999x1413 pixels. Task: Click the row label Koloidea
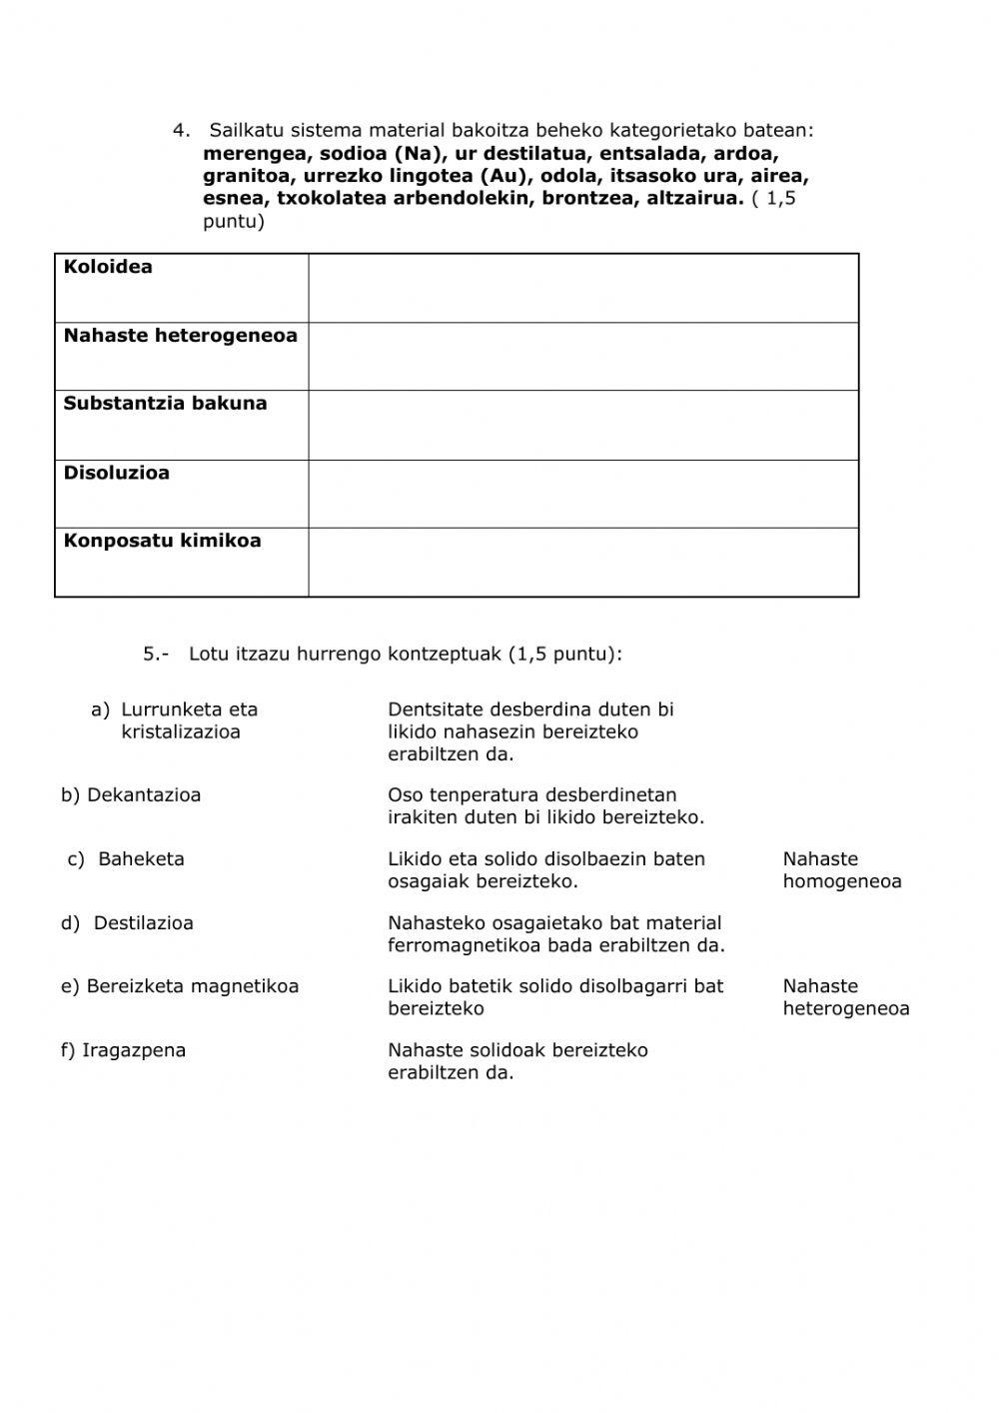pyautogui.click(x=108, y=267)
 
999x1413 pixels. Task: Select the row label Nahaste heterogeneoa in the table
pyautogui.click(x=180, y=336)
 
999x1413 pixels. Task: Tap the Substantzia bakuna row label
pyautogui.click(x=165, y=404)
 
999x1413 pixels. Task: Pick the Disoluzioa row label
pyautogui.click(x=116, y=473)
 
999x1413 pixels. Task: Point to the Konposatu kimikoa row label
pyautogui.click(x=162, y=541)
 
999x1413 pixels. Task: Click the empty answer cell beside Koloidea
pyautogui.click(x=582, y=288)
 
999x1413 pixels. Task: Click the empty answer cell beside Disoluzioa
pyautogui.click(x=582, y=494)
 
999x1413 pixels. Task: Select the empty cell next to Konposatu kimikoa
pyautogui.click(x=582, y=562)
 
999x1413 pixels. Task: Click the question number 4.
pyautogui.click(x=180, y=130)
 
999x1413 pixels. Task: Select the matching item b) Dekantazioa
pyautogui.click(x=131, y=795)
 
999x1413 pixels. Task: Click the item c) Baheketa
pyautogui.click(x=126, y=859)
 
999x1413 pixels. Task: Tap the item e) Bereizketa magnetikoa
pyautogui.click(x=180, y=986)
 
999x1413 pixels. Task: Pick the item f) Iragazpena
pyautogui.click(x=123, y=1050)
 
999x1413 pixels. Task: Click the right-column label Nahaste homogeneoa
pyautogui.click(x=841, y=870)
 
